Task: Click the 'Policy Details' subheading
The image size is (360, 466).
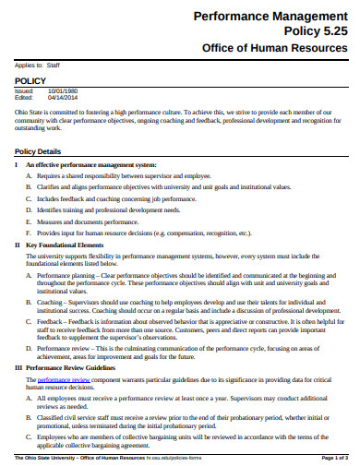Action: click(x=38, y=150)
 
